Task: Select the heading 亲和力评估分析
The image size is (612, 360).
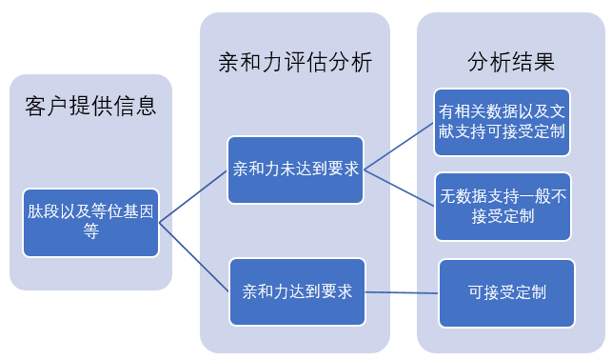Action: (x=295, y=63)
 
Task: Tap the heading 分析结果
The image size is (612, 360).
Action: (x=511, y=63)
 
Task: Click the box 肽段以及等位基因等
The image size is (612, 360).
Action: (x=90, y=222)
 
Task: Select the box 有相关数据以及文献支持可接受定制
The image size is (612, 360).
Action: (x=503, y=121)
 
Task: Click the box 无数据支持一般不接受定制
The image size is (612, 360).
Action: (x=503, y=206)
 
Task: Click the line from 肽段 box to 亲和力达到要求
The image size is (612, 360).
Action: (x=194, y=256)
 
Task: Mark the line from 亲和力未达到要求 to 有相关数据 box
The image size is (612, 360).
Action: (x=398, y=146)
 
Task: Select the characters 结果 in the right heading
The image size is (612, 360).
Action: (x=533, y=63)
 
